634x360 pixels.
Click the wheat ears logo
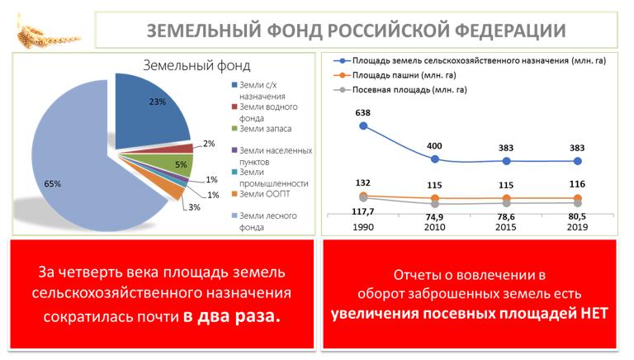coord(43,31)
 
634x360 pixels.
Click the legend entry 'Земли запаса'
coord(263,128)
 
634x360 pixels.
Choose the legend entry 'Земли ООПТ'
coord(263,194)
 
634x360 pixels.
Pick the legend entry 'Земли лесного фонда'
coord(263,220)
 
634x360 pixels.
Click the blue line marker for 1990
coord(363,126)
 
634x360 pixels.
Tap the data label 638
coord(363,111)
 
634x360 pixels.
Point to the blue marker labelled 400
coord(435,159)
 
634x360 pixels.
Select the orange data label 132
coord(363,182)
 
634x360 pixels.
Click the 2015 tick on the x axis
coord(507,227)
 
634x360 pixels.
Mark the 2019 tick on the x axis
coord(578,227)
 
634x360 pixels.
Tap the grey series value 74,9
coord(435,217)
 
